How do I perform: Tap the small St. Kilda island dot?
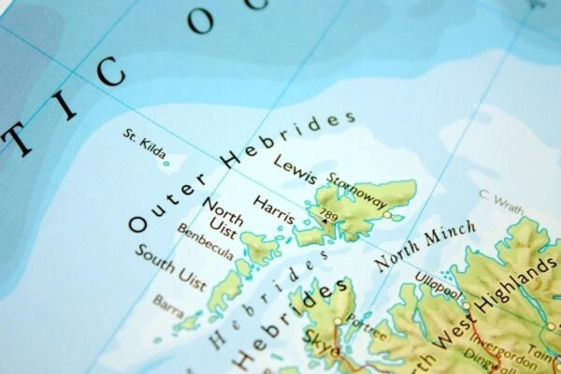pyautogui.click(x=166, y=164)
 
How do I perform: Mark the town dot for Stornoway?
pyautogui.click(x=387, y=215)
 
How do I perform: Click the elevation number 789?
pyautogui.click(x=328, y=216)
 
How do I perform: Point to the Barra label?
pyautogui.click(x=168, y=306)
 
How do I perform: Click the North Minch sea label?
pyautogui.click(x=425, y=246)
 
